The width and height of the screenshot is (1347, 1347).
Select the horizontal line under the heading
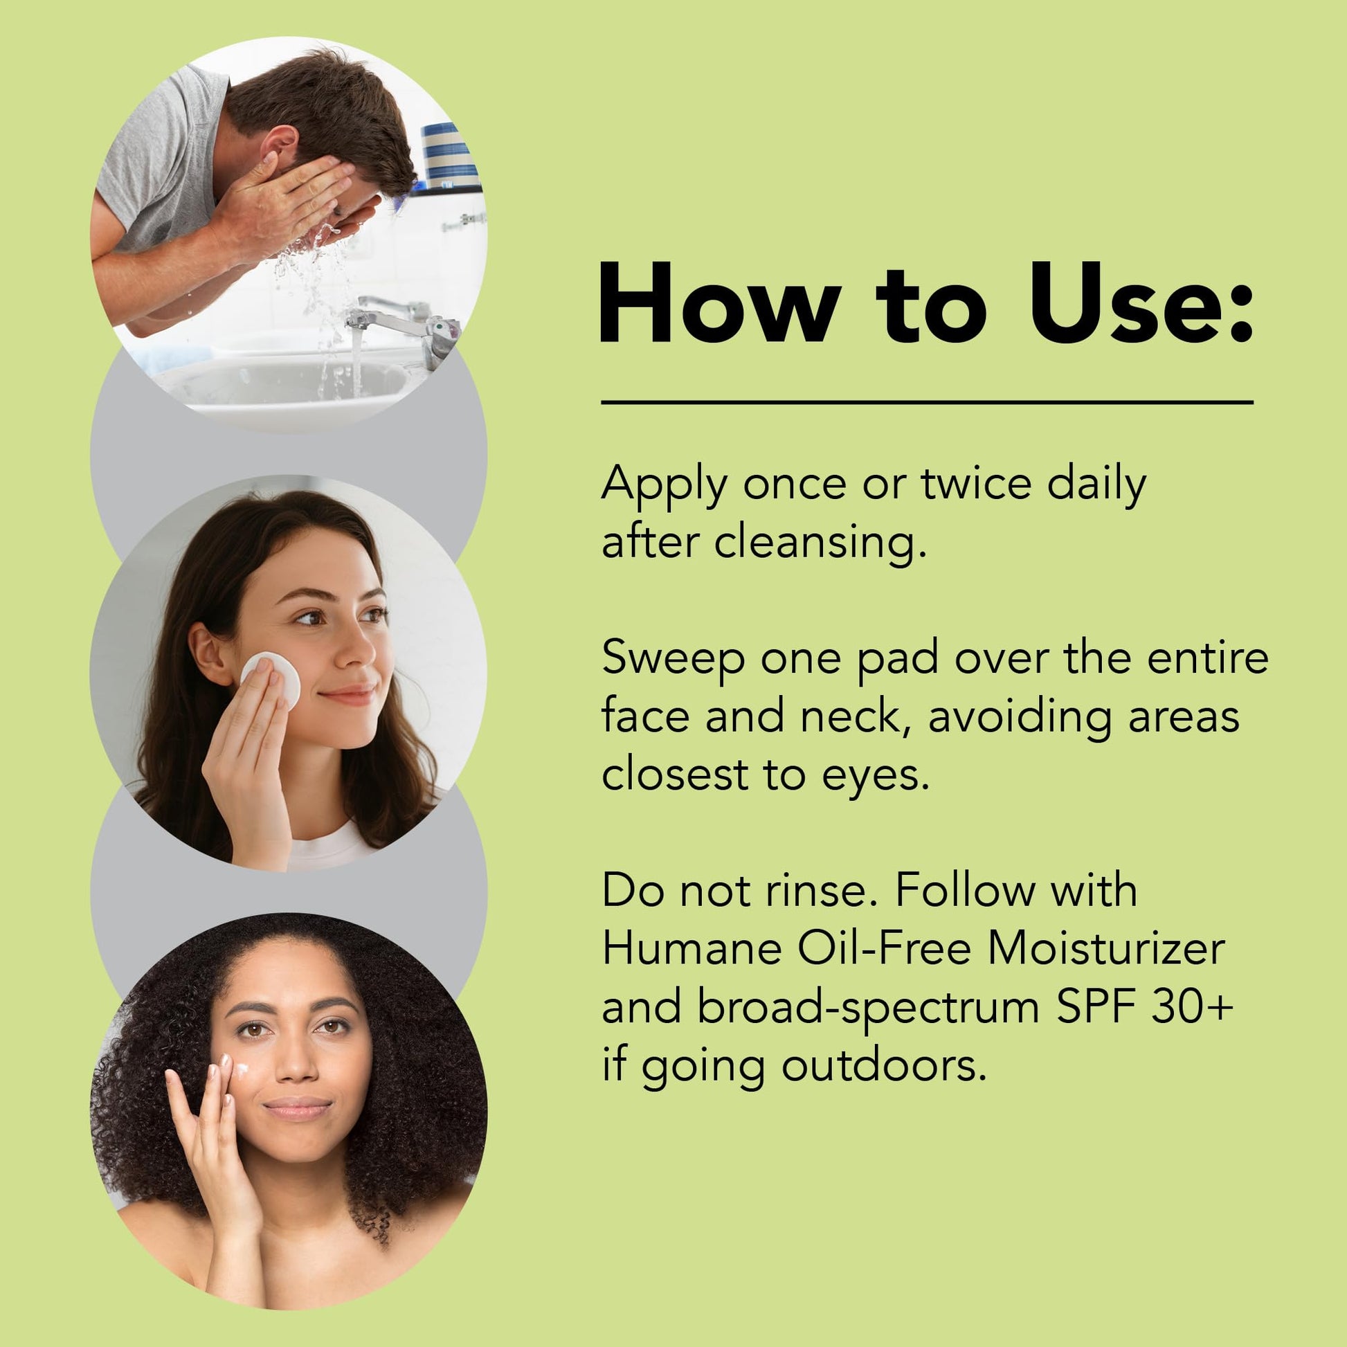coord(928,402)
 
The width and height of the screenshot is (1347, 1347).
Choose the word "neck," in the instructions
coord(856,717)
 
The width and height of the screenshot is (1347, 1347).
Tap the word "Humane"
coord(691,949)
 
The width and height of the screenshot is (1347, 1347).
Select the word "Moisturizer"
coord(1105,949)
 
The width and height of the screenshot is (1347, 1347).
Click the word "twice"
coord(976,482)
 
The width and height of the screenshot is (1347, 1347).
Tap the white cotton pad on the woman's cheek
coord(271,679)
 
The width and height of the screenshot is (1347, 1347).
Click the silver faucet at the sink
coord(404,325)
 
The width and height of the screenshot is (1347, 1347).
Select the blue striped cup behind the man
coord(450,156)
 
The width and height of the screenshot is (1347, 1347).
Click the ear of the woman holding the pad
coord(209,654)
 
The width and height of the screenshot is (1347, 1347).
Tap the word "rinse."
coord(822,891)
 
